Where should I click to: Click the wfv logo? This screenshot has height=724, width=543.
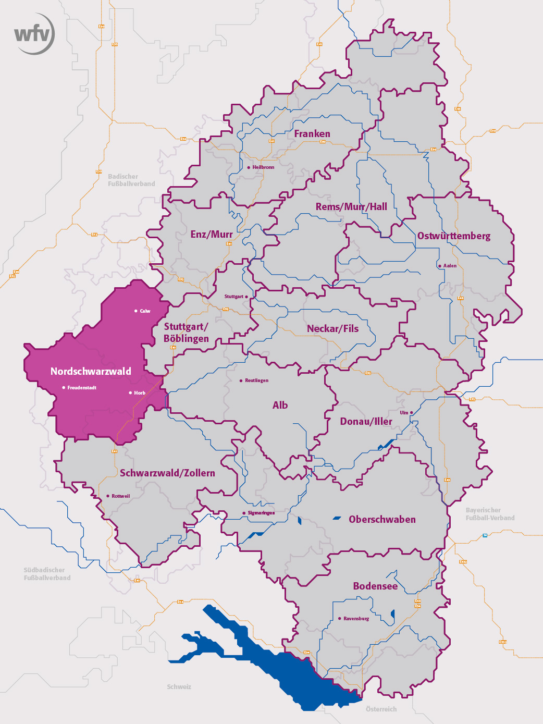pyautogui.click(x=34, y=34)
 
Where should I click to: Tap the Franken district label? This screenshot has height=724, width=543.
pyautogui.click(x=312, y=134)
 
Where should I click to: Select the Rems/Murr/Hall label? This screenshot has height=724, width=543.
pyautogui.click(x=351, y=207)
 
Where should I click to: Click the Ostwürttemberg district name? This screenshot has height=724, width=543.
pyautogui.click(x=453, y=236)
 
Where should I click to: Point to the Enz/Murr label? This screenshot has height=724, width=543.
pyautogui.click(x=211, y=235)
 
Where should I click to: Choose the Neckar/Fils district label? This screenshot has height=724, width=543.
pyautogui.click(x=332, y=328)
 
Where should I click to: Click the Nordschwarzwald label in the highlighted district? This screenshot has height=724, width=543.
pyautogui.click(x=91, y=371)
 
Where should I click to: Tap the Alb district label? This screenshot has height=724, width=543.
pyautogui.click(x=280, y=405)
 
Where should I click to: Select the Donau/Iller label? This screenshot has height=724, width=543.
pyautogui.click(x=366, y=421)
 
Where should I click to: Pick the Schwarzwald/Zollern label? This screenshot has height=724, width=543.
pyautogui.click(x=167, y=473)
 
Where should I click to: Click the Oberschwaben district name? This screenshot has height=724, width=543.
pyautogui.click(x=382, y=520)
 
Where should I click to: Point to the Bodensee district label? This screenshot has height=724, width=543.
pyautogui.click(x=375, y=586)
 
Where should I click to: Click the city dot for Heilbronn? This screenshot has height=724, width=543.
pyautogui.click(x=249, y=167)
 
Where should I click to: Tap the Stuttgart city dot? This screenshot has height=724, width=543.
pyautogui.click(x=246, y=297)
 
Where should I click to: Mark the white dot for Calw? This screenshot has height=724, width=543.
pyautogui.click(x=136, y=311)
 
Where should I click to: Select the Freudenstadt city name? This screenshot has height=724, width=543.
pyautogui.click(x=82, y=388)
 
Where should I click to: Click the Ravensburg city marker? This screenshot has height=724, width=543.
pyautogui.click(x=340, y=619)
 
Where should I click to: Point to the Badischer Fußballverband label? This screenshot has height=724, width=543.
pyautogui.click(x=131, y=180)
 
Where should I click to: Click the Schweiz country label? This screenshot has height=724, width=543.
pyautogui.click(x=179, y=687)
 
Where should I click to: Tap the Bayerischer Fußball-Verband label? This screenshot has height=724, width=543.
pyautogui.click(x=490, y=514)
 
